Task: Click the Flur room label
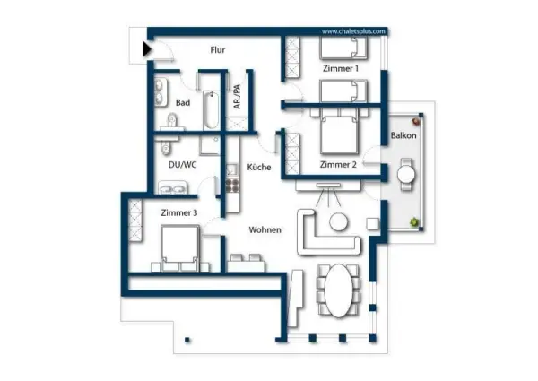point(218,50)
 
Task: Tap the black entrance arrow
point(147,49)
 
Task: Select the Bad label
point(183,102)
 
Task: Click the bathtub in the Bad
point(211,109)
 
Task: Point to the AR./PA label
point(237,97)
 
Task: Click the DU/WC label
point(182,165)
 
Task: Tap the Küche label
point(259,167)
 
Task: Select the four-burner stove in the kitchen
point(232,186)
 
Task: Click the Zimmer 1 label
point(341,69)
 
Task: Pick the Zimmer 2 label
point(338,165)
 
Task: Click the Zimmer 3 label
point(179,213)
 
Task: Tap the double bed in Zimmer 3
point(180,248)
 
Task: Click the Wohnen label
point(265,229)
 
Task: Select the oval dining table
point(339,290)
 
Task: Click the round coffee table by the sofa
point(338,222)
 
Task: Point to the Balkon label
point(403,135)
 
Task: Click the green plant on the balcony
point(415,222)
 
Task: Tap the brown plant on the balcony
point(417,121)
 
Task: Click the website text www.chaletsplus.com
point(353,31)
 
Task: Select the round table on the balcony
point(406,175)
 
